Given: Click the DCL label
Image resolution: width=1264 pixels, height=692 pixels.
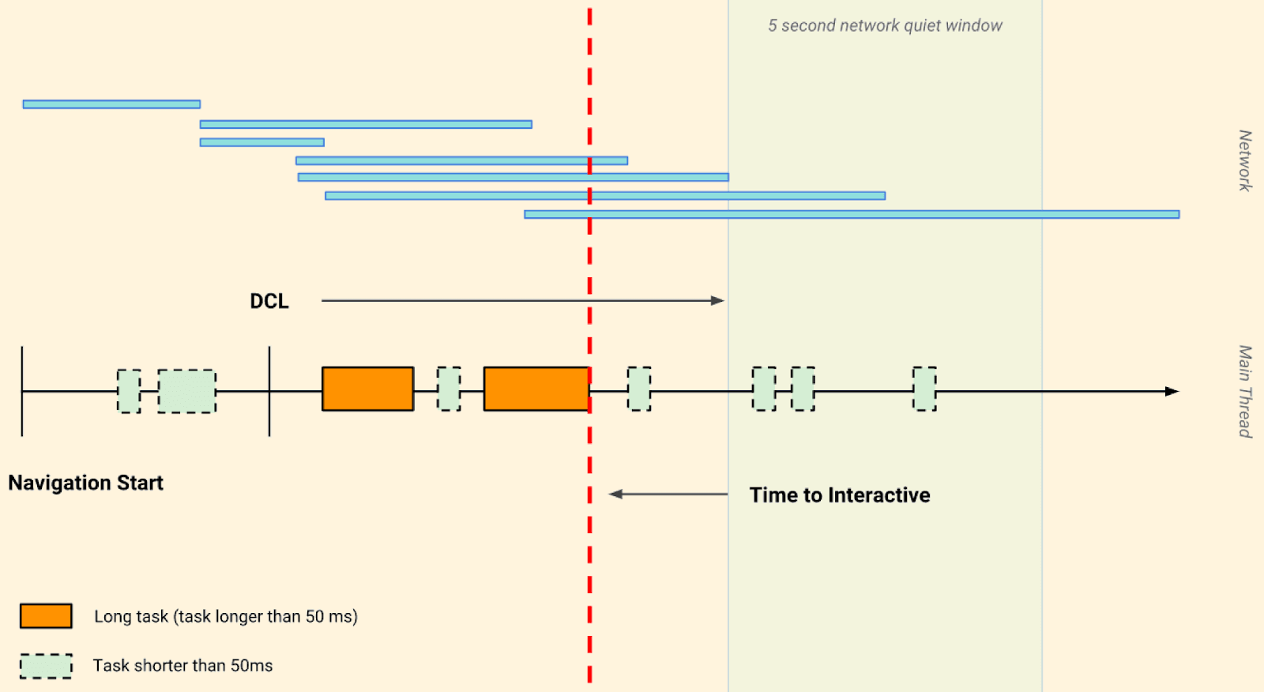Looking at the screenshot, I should tap(269, 301).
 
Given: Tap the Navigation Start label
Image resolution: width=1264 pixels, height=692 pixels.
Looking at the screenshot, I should tap(85, 483).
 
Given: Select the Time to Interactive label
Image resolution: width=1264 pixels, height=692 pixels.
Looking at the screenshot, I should tap(840, 495).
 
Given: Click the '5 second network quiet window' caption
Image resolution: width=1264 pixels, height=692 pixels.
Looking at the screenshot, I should tap(885, 25).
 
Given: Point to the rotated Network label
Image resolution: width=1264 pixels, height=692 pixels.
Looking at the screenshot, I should tap(1245, 160).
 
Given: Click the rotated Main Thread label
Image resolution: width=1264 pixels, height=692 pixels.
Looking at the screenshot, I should tap(1245, 391).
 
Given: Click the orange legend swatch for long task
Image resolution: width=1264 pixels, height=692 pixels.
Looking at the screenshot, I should tap(46, 616).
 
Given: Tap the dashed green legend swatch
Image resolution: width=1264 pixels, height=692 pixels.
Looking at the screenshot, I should tap(46, 666).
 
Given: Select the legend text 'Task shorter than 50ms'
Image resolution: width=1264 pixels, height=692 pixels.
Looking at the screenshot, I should tap(182, 666).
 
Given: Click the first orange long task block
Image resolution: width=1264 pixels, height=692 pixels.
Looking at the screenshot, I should tap(367, 389).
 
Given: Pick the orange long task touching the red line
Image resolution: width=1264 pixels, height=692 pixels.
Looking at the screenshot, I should tap(536, 389).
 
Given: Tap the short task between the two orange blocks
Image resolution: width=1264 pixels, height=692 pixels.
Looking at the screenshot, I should tap(449, 389).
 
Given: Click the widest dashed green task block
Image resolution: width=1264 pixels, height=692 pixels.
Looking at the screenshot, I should tap(186, 391).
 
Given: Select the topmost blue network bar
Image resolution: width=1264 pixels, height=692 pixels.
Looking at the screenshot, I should tap(111, 104).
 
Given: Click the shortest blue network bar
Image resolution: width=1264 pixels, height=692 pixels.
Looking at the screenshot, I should tap(261, 142).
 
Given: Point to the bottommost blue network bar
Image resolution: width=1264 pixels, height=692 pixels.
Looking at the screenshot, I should tap(852, 214).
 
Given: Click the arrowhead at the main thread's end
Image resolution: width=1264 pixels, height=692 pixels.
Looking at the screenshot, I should tap(1172, 391).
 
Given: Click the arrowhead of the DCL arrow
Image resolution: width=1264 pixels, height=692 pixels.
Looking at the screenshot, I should tap(717, 301).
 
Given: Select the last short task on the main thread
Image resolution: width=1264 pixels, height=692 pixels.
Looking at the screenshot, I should tap(924, 389).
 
